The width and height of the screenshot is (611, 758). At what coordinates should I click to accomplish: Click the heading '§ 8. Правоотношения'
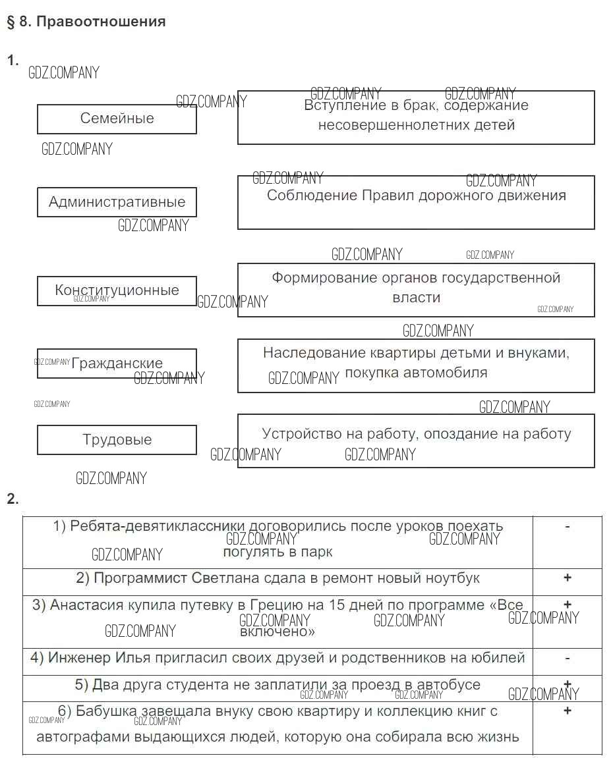[x=86, y=22]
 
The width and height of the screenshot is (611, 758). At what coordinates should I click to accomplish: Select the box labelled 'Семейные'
[x=117, y=119]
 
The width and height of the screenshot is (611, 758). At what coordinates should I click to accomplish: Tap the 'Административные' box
[x=117, y=202]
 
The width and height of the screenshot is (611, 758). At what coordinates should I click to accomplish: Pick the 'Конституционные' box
[x=117, y=290]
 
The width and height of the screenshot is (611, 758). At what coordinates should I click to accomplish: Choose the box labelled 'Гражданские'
[x=117, y=364]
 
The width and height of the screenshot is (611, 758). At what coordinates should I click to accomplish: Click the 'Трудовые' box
[x=117, y=440]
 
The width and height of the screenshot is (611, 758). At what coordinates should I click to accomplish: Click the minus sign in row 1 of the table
[x=567, y=526]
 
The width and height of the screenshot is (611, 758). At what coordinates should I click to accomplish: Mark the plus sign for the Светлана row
[x=567, y=578]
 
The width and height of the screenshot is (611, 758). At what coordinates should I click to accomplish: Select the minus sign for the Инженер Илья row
[x=567, y=658]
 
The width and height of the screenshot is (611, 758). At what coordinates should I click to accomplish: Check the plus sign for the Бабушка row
[x=567, y=711]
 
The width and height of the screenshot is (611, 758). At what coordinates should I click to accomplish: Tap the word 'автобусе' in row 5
[x=451, y=685]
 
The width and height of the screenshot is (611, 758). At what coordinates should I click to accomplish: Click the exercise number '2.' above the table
[x=13, y=499]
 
